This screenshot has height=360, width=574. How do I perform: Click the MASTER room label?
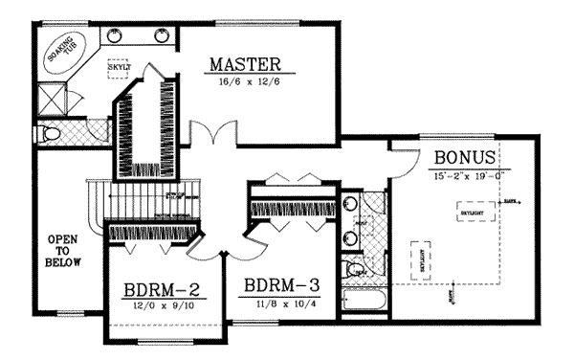[x=244, y=65]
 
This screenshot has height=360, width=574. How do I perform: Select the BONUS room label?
[x=464, y=157]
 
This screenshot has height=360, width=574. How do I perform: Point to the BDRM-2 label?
[x=160, y=288]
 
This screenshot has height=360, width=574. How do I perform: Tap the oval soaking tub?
[x=62, y=54]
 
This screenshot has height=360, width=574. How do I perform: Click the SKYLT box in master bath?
[x=119, y=71]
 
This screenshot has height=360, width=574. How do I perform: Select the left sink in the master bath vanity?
[x=117, y=36]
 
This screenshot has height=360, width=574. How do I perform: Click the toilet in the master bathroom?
[x=53, y=132]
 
